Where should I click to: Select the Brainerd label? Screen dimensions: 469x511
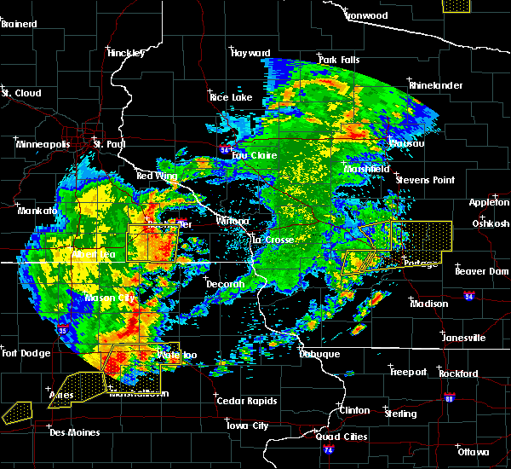19,24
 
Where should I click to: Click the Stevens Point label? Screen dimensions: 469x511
424,180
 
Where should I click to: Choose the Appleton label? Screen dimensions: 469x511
489,202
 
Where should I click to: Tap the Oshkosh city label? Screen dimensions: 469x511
490,223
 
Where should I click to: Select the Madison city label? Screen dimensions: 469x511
428,304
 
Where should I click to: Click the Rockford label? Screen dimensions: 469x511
458,373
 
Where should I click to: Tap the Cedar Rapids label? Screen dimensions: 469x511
244,401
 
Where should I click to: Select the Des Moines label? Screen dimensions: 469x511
74,432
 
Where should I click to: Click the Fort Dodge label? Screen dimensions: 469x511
22,353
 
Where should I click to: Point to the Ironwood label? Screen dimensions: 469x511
367,15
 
